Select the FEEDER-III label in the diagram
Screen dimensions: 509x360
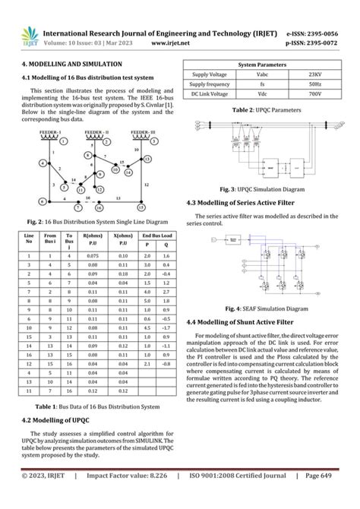pos(144,131)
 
